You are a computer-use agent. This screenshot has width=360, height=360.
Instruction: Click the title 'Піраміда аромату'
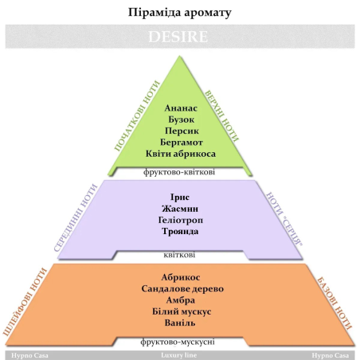tap(180, 13)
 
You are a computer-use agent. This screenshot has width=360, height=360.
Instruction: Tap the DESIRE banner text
tap(178, 37)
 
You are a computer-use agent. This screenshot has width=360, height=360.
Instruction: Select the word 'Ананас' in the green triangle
tap(181, 108)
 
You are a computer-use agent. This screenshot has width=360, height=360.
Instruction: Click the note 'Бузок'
tap(182, 119)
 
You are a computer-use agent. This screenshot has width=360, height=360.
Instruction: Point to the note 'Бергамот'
tap(182, 143)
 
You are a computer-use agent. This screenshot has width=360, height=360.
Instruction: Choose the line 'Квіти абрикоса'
tap(181, 154)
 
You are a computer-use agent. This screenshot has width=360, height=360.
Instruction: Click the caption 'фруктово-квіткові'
tap(179, 172)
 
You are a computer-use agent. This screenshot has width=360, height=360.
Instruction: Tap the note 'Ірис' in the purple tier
tap(180, 197)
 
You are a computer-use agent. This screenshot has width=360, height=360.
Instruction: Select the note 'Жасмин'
tap(180, 209)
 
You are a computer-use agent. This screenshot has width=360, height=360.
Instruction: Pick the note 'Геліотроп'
tap(181, 220)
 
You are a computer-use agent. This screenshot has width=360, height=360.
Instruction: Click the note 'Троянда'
tap(180, 232)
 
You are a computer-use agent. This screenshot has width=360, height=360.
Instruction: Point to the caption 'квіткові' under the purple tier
tap(179, 255)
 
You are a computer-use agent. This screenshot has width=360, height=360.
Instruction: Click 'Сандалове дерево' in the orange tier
tap(182, 289)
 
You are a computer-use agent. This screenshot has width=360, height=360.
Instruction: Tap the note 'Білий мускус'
tap(182, 311)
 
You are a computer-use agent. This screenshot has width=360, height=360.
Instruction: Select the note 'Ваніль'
tap(180, 323)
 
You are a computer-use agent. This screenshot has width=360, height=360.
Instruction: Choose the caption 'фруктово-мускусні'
tap(178, 342)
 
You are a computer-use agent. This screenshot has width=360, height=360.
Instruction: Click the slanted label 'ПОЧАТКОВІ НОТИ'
tap(137, 116)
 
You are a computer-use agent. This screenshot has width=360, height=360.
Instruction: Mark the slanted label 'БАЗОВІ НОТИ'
tap(335, 303)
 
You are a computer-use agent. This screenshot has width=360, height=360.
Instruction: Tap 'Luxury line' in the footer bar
tap(179, 355)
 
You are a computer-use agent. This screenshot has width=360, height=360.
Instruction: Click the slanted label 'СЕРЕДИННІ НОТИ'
tap(76, 217)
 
